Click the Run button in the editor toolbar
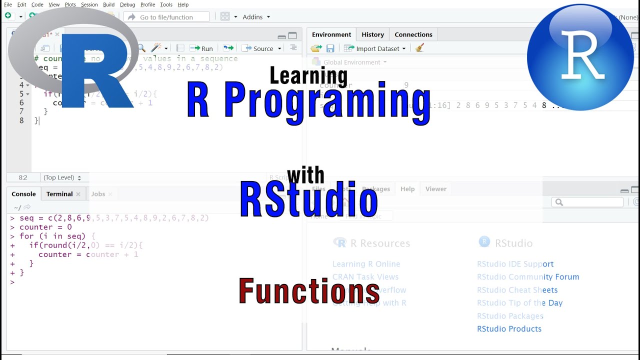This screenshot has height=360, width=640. click(202, 48)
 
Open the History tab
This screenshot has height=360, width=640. click(372, 34)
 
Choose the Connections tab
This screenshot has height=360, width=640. click(413, 34)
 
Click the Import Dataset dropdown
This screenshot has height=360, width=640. click(377, 48)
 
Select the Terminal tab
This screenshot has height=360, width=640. click(59, 194)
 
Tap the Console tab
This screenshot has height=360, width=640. click(23, 194)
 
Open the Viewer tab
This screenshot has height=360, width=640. click(435, 189)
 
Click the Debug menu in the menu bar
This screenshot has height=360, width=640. click(127, 4)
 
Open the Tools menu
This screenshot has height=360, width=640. click(166, 4)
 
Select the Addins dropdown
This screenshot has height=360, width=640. click(255, 17)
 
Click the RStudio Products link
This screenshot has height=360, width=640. click(509, 329)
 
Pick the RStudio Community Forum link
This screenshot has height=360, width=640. click(528, 277)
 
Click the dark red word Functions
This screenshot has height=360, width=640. click(309, 291)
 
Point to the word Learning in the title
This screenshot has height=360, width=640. click(308, 75)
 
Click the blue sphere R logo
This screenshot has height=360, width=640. click(580, 57)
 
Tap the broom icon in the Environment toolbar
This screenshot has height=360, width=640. click(419, 48)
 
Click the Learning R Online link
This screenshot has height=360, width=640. click(366, 264)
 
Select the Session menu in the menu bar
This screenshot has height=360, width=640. click(89, 4)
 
